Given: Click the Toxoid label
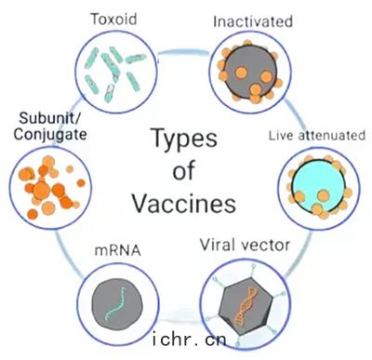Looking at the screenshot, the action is [x=113, y=19].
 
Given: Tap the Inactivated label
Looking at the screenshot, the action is [x=253, y=21].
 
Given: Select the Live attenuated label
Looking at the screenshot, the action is [x=317, y=136].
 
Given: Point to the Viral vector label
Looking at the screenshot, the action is [x=245, y=245].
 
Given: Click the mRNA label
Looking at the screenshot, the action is [x=118, y=250].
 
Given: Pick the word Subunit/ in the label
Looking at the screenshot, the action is [x=50, y=118].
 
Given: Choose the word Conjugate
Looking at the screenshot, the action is [x=50, y=135].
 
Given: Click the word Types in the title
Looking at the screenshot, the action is [x=185, y=139].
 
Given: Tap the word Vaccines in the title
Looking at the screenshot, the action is [x=184, y=204].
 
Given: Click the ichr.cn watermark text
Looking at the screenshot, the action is [x=190, y=340].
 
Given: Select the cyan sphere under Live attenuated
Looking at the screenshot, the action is [x=319, y=187].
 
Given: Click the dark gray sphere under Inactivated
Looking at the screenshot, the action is [x=250, y=73].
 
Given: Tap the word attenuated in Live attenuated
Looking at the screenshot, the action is [x=331, y=136].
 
